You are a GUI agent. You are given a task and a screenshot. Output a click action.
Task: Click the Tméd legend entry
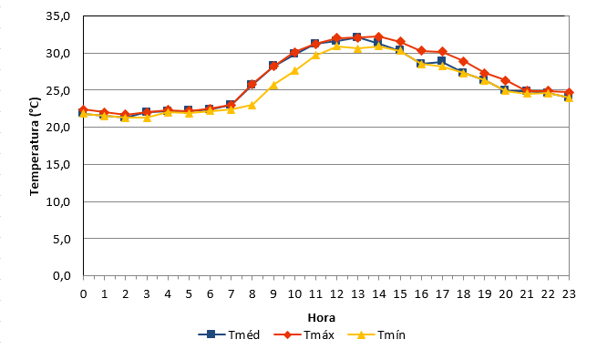point(229,334)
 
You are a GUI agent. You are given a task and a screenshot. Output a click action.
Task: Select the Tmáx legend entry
point(303,334)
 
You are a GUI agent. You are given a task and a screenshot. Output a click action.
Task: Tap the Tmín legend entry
point(376,334)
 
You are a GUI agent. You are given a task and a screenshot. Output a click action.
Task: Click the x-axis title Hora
point(322,318)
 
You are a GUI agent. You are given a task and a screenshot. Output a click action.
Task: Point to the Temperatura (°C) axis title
point(35,147)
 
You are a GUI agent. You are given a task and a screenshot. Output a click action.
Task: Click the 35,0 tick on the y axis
point(58,16)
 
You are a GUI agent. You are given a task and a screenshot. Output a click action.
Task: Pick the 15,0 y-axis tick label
point(58,165)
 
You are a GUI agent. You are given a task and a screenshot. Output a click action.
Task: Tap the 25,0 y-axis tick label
point(58,90)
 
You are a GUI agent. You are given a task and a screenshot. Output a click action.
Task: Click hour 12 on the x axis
point(337,294)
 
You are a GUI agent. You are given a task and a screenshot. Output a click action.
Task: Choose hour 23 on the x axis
point(569,294)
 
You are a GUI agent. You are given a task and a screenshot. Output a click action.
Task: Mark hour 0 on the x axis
point(83,294)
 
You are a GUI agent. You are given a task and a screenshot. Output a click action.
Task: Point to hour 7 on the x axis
point(231,294)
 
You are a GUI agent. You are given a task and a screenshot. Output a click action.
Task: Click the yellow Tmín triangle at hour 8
point(252,105)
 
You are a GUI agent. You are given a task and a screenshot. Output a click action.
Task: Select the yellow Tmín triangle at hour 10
point(294,70)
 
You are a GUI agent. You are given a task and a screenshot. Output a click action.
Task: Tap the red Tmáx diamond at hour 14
point(379,36)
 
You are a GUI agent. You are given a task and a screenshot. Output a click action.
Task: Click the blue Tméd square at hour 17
point(442,61)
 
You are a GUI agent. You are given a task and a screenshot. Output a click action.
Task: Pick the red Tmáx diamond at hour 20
point(505,80)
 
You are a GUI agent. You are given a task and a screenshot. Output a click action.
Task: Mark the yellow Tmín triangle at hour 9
point(273,85)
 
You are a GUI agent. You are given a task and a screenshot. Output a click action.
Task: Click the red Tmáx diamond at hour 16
point(421,51)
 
